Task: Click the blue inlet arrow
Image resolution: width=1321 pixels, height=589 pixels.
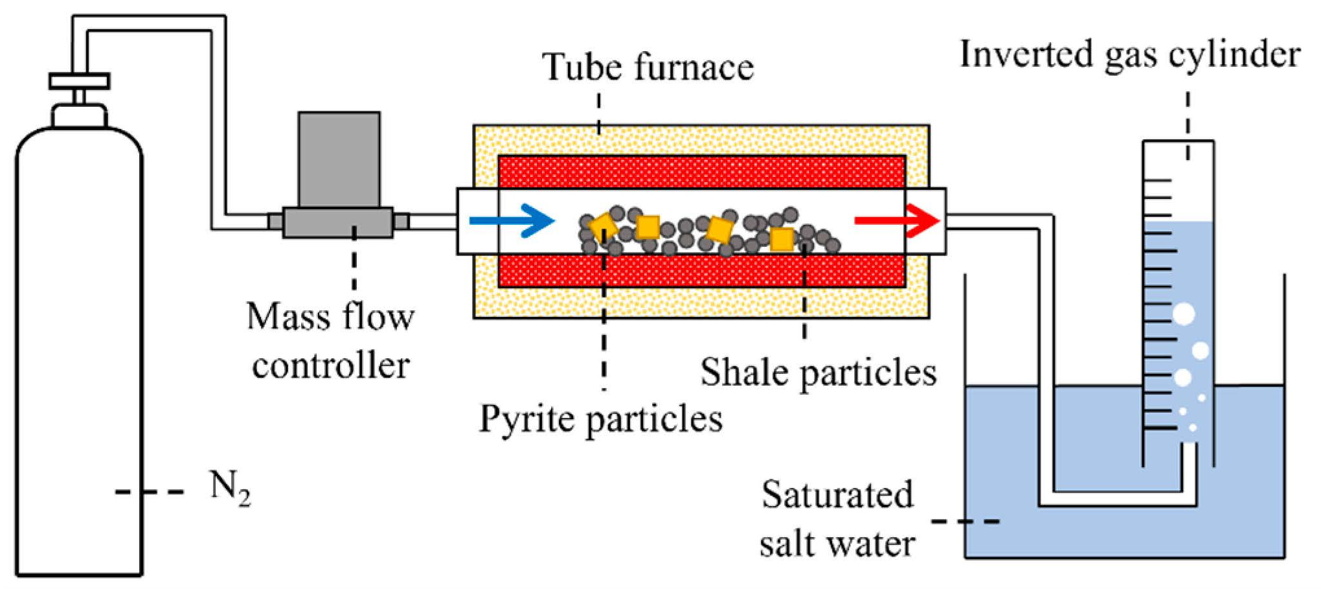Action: click(x=512, y=221)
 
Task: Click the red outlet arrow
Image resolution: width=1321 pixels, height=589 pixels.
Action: click(x=898, y=221)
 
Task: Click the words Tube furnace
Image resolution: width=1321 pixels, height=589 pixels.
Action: click(x=648, y=67)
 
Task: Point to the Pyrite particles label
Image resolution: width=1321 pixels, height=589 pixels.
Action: click(x=600, y=419)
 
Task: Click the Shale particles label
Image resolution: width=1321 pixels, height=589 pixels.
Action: click(x=818, y=373)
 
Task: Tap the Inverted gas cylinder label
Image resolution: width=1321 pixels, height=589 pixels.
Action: click(x=1129, y=54)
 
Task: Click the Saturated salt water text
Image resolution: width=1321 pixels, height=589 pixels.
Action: click(x=837, y=519)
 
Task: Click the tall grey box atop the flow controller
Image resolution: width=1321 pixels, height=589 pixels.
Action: click(x=339, y=159)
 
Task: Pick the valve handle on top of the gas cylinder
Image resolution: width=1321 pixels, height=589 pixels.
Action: click(x=79, y=82)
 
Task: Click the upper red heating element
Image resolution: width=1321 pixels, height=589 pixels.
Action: click(x=701, y=172)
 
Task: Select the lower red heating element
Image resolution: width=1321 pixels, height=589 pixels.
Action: click(x=701, y=271)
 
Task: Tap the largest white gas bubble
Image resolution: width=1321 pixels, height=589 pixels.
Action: click(x=1184, y=315)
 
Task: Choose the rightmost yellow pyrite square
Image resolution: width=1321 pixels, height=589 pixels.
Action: click(x=782, y=239)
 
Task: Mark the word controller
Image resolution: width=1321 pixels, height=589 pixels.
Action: click(x=330, y=366)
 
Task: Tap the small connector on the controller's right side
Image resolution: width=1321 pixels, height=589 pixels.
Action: click(x=401, y=222)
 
